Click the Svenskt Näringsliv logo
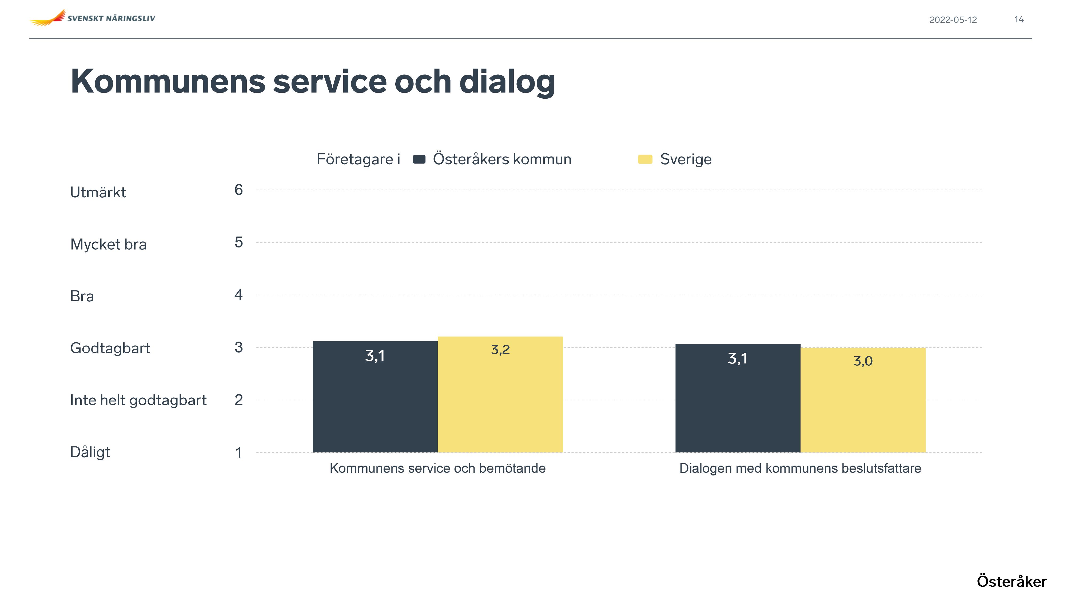[x=92, y=18]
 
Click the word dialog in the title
[x=507, y=82]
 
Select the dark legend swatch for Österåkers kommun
[x=419, y=159]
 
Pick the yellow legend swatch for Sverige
[x=645, y=159]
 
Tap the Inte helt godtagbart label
[x=138, y=400]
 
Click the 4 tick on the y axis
[x=238, y=295]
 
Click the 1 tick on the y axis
[x=238, y=452]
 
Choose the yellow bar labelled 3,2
[x=500, y=398]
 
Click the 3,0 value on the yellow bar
[x=863, y=361]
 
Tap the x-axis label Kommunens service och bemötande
[x=437, y=468]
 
